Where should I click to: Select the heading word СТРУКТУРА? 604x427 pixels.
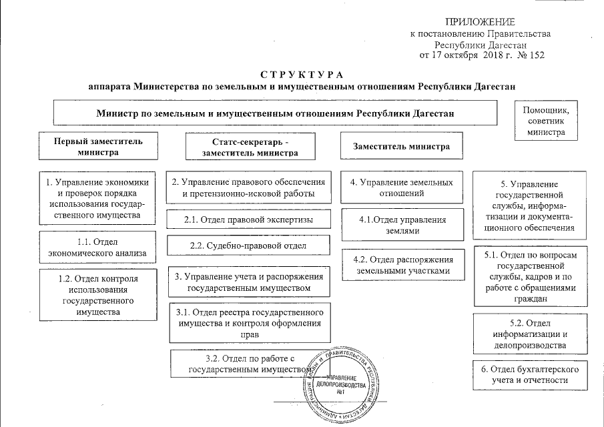click(302, 73)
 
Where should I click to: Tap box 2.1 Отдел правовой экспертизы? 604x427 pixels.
click(248, 220)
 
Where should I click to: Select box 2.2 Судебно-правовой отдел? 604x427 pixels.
click(248, 246)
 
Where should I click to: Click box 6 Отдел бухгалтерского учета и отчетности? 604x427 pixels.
click(530, 375)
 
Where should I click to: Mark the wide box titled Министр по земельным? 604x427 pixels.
click(274, 113)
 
